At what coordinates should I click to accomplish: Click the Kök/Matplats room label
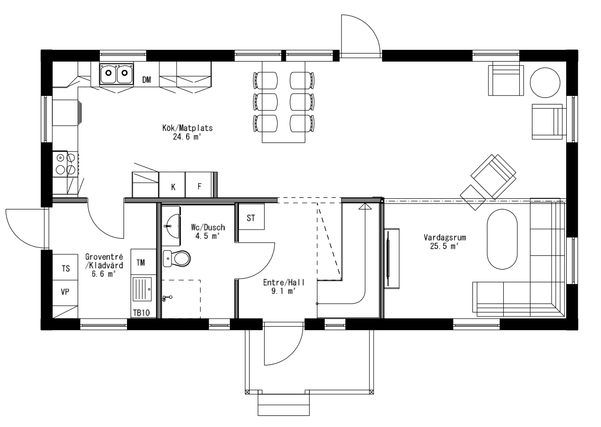click(x=180, y=132)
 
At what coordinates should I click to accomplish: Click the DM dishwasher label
click(x=147, y=80)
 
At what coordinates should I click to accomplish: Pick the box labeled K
click(x=173, y=187)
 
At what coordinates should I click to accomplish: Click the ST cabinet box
click(x=251, y=218)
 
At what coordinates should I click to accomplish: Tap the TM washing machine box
click(x=141, y=261)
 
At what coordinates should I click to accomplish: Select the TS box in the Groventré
click(x=66, y=269)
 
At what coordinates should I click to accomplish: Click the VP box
click(x=66, y=292)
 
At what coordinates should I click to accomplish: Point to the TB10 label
click(x=141, y=312)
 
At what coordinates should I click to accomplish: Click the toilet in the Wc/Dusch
click(x=176, y=258)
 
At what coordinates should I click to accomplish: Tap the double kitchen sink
click(x=116, y=74)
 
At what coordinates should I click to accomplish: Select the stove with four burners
click(x=65, y=164)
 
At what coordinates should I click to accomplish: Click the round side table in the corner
click(x=545, y=82)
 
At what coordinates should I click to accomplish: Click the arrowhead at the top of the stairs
click(x=364, y=205)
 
